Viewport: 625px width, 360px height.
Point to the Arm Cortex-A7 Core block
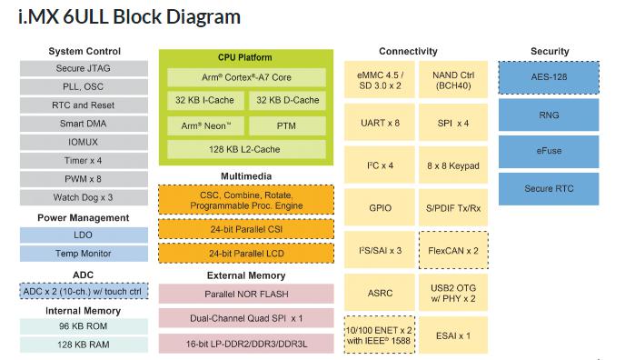(x=245, y=77)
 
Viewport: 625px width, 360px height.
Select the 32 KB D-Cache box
(x=286, y=101)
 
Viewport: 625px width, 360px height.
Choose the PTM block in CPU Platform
(x=286, y=125)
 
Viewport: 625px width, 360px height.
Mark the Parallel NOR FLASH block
(x=245, y=294)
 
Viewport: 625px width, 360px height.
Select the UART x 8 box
(x=380, y=122)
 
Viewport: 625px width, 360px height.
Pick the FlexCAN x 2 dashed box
(x=451, y=249)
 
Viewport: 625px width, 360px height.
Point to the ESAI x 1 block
(x=451, y=335)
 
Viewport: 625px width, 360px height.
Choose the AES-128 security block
(x=549, y=77)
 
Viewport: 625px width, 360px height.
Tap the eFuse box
(x=549, y=152)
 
